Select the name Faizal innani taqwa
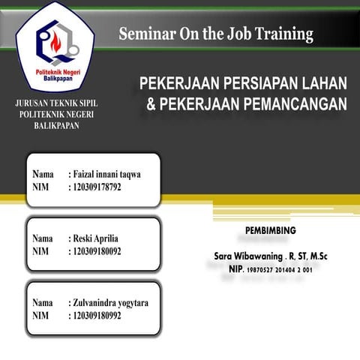(x=108, y=174)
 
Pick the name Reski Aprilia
(x=97, y=238)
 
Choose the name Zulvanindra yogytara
(x=111, y=303)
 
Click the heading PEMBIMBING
(x=271, y=229)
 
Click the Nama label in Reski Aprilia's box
(x=43, y=238)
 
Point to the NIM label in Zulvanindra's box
(x=40, y=316)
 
